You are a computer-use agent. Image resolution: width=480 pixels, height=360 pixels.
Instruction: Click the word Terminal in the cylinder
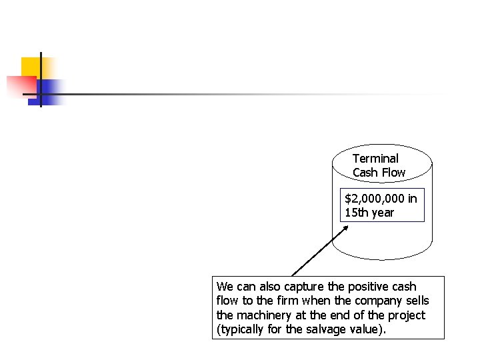click(375, 159)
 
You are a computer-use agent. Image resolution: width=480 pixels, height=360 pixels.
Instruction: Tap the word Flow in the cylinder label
click(392, 173)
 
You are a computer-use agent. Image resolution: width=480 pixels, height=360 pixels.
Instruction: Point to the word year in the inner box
click(383, 213)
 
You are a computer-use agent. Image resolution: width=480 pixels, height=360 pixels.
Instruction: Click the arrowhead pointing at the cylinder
click(347, 227)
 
